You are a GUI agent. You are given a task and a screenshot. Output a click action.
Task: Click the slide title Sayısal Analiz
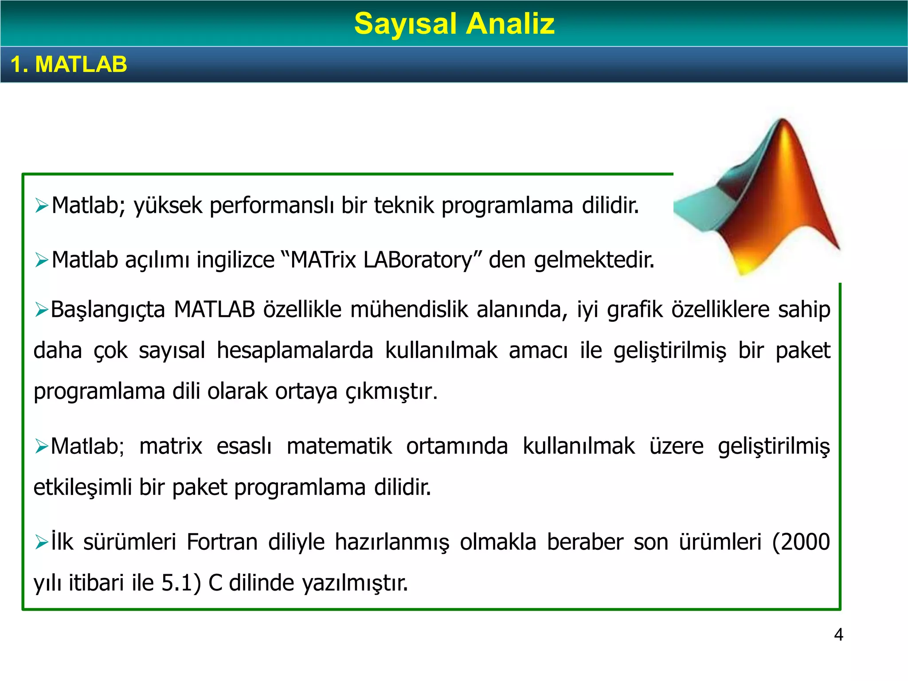(454, 23)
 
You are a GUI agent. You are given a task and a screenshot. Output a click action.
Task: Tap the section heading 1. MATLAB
(69, 64)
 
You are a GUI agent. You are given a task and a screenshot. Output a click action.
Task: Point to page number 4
(838, 634)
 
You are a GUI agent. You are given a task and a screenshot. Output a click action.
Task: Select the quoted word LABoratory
(418, 260)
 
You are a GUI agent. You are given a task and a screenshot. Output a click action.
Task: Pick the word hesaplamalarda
(295, 350)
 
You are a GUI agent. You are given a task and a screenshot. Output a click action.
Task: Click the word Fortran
(222, 542)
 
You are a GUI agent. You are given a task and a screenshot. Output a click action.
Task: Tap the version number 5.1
(177, 583)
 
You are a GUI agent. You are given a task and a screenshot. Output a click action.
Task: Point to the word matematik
(339, 446)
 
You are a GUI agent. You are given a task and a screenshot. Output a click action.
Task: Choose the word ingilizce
(235, 260)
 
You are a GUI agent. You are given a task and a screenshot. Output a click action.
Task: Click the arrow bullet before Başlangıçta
(41, 310)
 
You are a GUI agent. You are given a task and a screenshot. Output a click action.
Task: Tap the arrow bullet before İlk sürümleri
(41, 542)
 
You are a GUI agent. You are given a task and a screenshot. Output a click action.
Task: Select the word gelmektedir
(594, 260)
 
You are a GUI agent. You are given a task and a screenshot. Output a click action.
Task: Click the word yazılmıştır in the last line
(355, 583)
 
